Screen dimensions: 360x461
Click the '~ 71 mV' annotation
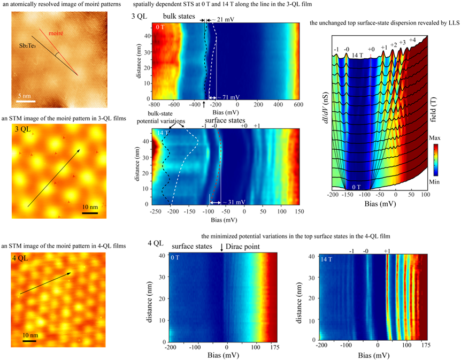(224, 98)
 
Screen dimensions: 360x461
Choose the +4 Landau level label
(413, 41)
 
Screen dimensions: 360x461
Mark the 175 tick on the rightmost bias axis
(427, 348)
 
